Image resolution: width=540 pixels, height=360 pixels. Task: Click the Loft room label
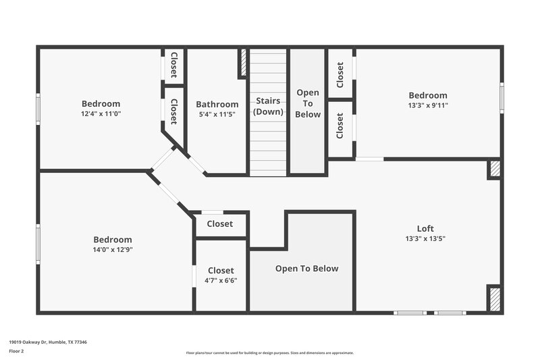[425, 228]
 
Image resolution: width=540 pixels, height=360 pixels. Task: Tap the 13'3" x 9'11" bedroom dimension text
[427, 105]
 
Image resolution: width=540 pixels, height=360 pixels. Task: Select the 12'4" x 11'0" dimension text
[101, 113]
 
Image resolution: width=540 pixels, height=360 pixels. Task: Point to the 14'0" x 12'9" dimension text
[112, 250]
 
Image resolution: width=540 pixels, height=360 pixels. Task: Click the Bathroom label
[217, 105]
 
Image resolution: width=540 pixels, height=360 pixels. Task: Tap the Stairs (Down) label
[268, 106]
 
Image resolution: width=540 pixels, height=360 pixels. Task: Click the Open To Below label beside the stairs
[308, 103]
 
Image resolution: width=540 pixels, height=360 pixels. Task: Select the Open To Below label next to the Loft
[306, 269]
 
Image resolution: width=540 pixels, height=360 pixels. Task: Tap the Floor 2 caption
[16, 351]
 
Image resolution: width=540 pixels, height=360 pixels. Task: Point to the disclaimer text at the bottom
[269, 353]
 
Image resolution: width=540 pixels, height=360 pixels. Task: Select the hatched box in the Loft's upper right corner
[495, 169]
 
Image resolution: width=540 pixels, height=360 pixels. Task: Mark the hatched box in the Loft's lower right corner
[495, 297]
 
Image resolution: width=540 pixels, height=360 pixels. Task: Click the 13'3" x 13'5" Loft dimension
[425, 238]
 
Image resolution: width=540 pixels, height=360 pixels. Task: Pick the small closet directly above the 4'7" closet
[220, 224]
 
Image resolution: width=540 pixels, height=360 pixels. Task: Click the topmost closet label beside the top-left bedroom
[173, 64]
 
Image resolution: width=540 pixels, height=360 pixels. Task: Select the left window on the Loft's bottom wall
[410, 313]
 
